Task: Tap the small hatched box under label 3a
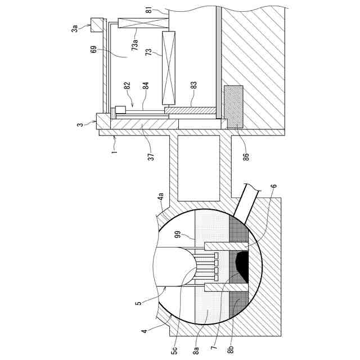[x=97, y=25]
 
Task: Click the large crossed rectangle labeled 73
[x=168, y=68]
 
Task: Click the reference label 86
[x=246, y=151]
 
